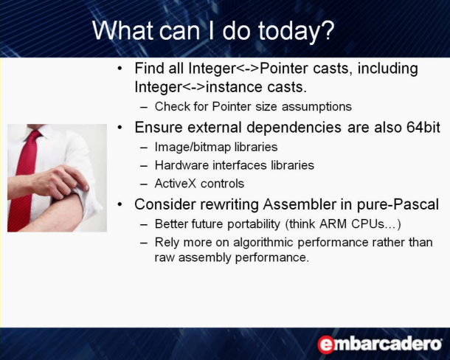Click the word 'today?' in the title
(x=296, y=31)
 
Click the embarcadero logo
(x=379, y=344)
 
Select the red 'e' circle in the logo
(x=326, y=345)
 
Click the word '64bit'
(x=423, y=127)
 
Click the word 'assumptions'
(x=316, y=107)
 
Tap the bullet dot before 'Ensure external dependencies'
(x=120, y=128)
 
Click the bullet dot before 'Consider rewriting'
(x=120, y=204)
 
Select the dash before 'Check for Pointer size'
(x=144, y=108)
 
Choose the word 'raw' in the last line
(x=165, y=257)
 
